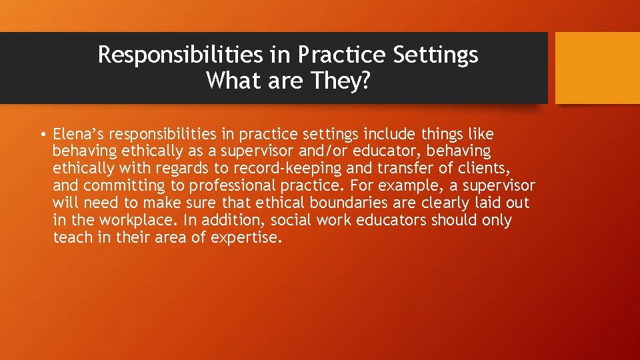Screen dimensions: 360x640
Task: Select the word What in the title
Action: click(x=231, y=81)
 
